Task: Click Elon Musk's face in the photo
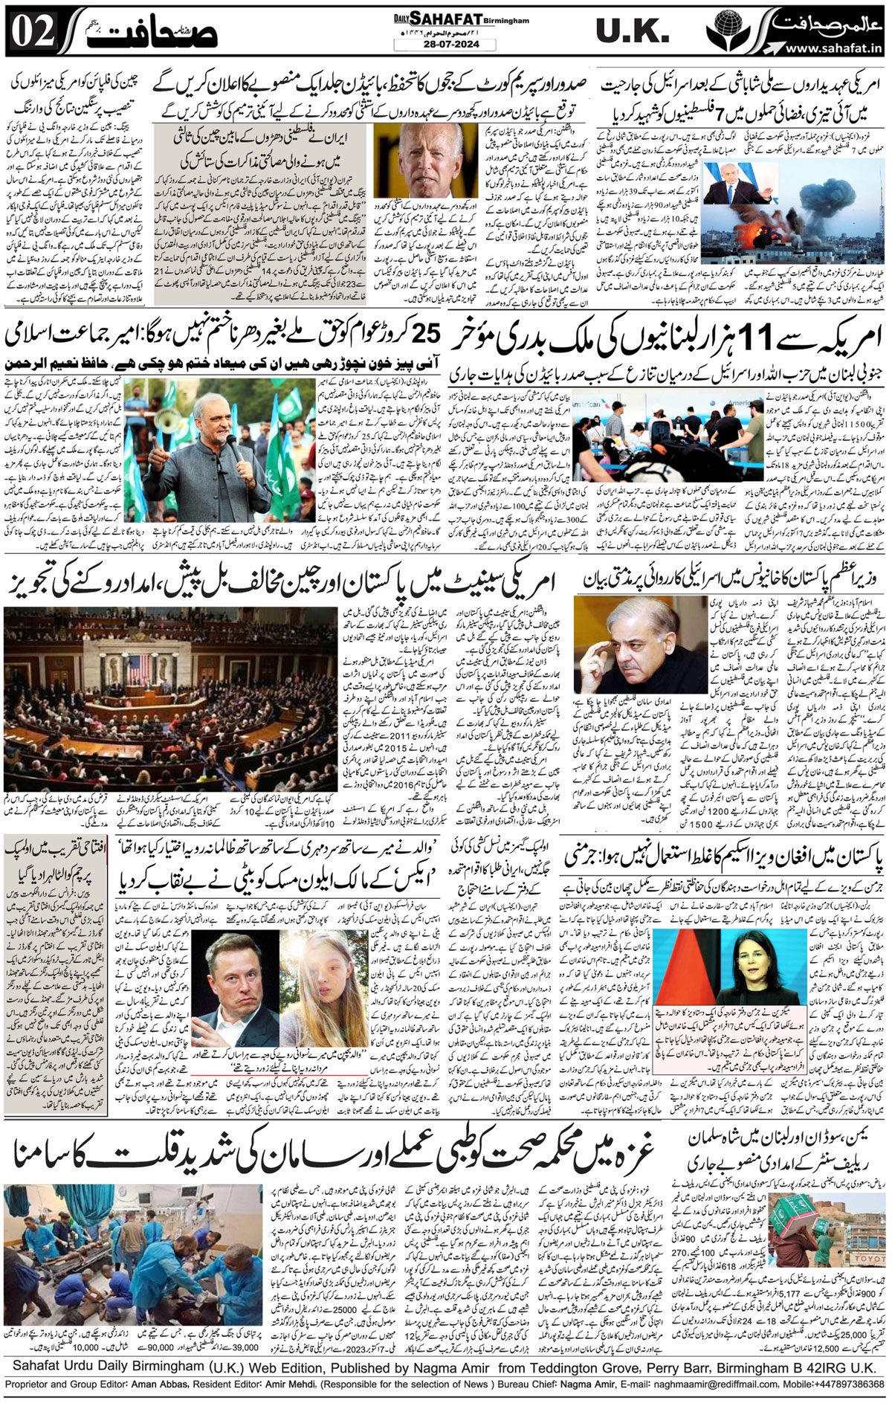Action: [231, 970]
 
